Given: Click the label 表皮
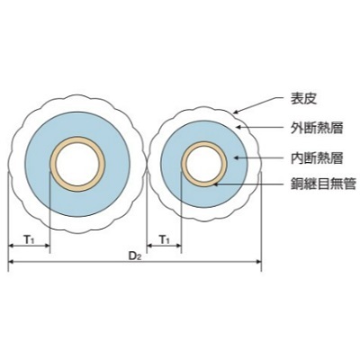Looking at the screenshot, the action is coord(303,99).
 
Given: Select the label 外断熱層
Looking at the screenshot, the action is coord(317,128).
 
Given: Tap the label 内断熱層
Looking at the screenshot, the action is coord(317,157).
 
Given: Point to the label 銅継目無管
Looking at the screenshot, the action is coord(323,184).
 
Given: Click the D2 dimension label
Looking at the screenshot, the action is coord(135,256).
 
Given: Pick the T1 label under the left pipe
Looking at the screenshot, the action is coord(30,239).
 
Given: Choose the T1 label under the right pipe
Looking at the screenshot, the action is coord(164,239).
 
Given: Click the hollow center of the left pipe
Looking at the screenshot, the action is coord(77,165).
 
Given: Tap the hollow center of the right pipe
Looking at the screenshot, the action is coord(204,165).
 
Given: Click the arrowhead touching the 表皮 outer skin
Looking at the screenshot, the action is coord(236,112).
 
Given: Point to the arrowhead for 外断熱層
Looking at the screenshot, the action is coord(238,127).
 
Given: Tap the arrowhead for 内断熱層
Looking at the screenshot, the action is coord(237,157).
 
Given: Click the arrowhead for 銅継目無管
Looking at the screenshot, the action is coord(215,184).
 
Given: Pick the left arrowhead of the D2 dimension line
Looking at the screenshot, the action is coord(12,262).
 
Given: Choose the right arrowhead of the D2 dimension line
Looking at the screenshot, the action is coord(258,262).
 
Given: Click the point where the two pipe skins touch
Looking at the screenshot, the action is coord(147,165).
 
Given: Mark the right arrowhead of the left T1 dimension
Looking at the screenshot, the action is coord(46,246).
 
